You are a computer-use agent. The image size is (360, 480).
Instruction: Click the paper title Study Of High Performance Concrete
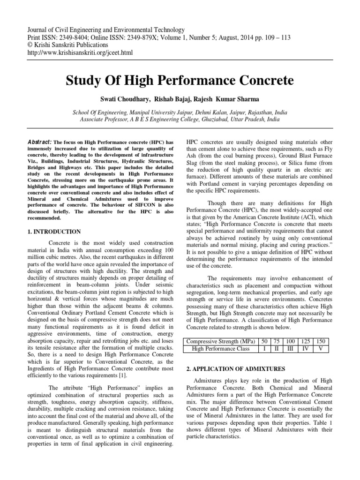coord(180,81)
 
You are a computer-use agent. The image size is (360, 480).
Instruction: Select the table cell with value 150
coord(322,341)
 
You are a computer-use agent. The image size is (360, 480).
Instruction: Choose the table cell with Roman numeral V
coord(322,349)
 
